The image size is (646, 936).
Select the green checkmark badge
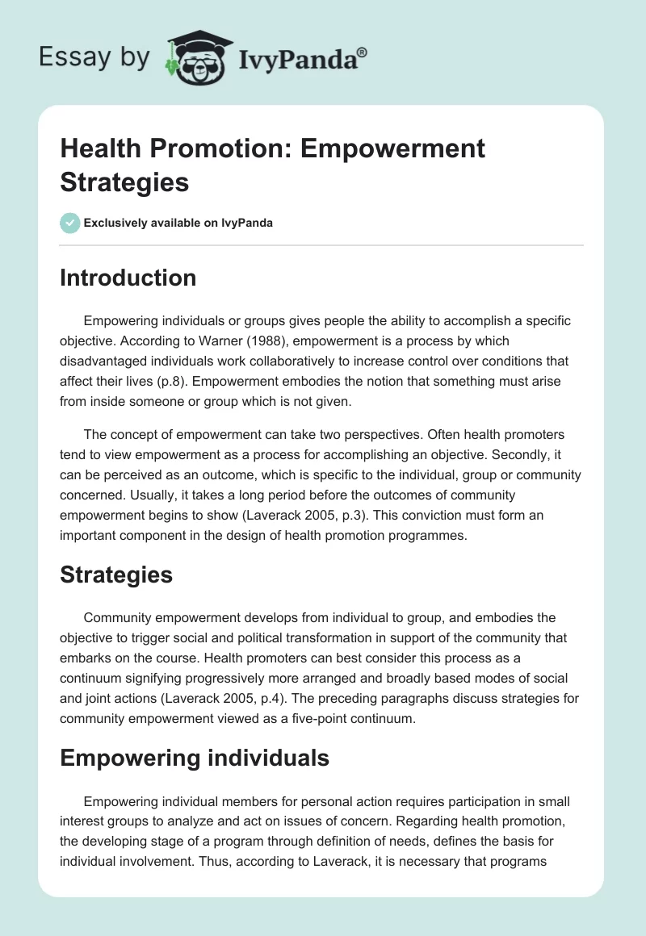point(70,223)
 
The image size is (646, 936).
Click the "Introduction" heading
point(128,278)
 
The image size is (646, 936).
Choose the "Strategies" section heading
point(116,575)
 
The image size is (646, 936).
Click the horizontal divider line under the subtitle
point(321,244)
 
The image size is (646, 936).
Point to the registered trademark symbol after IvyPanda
point(363,52)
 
